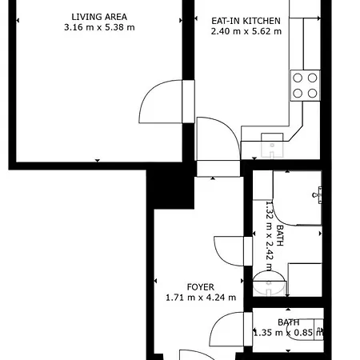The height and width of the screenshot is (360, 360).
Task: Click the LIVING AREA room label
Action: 99,17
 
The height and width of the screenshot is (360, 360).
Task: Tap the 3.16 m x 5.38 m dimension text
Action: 99,27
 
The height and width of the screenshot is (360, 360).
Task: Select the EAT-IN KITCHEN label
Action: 246,21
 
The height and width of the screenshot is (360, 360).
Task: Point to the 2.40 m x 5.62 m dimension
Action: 246,31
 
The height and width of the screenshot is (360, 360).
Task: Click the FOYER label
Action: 201,287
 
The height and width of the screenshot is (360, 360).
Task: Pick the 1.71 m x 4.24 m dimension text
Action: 201,298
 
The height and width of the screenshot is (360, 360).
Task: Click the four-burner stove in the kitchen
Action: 305,86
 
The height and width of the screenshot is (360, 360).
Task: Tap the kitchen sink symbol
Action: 272,146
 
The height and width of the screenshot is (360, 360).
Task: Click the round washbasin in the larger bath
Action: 269,283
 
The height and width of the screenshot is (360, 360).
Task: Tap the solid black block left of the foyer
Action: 170,188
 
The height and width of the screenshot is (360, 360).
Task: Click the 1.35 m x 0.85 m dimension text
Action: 288,333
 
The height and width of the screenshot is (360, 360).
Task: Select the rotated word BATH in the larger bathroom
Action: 280,235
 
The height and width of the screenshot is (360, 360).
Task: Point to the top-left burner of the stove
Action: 298,78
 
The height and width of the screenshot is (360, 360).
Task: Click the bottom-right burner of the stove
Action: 312,94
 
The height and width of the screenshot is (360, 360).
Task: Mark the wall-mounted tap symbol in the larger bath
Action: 317,195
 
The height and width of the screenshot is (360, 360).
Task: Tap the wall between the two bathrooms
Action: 287,302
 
